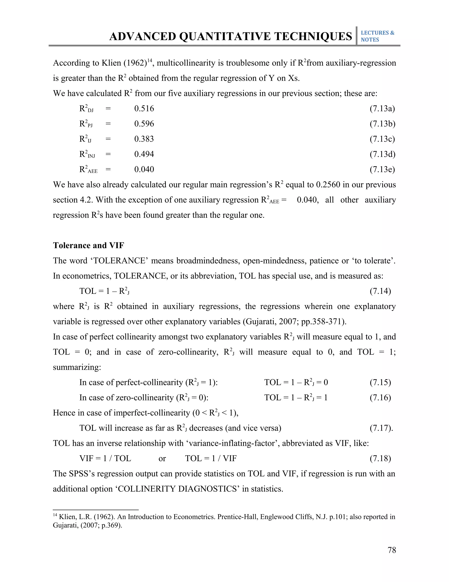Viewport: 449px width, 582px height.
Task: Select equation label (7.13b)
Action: [x=382, y=124]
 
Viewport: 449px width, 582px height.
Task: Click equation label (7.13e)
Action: [x=382, y=170]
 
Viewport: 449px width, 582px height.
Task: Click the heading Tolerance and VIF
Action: [x=89, y=246]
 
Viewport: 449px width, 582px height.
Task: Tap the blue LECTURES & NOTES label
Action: [x=377, y=36]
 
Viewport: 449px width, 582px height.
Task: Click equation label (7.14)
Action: [x=380, y=291]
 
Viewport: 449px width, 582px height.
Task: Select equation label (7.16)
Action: [x=380, y=398]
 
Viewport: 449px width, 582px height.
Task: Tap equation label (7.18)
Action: [x=380, y=458]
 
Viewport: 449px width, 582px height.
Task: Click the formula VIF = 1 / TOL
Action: [x=105, y=458]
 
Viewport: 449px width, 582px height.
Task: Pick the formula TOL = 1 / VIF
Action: [x=211, y=458]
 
